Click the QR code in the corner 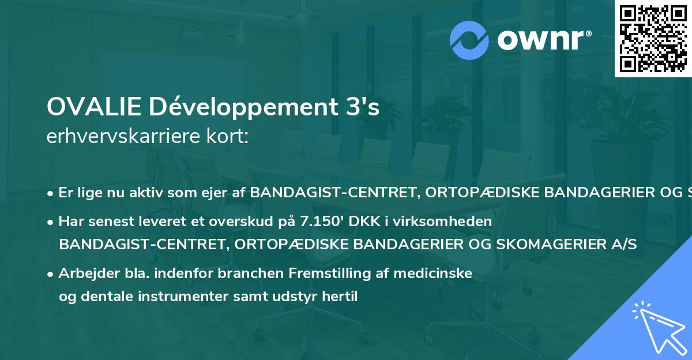click(653, 39)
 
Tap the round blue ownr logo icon click(469, 40)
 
